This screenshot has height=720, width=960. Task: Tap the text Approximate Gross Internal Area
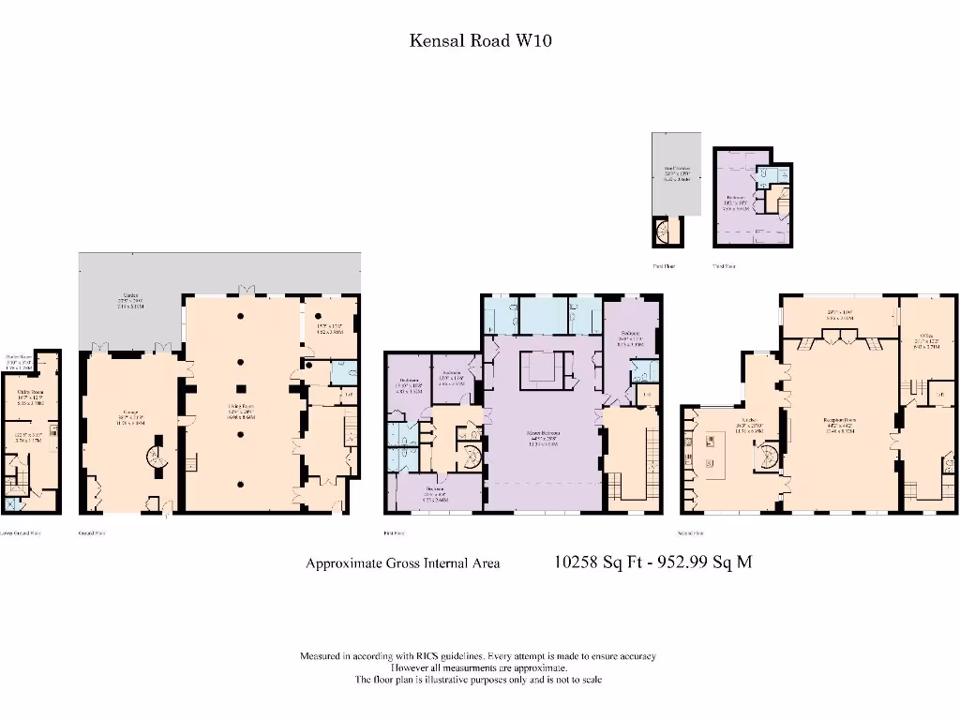[402, 563]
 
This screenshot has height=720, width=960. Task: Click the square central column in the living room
[241, 388]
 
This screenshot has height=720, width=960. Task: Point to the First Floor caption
[394, 532]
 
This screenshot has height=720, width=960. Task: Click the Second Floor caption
[692, 532]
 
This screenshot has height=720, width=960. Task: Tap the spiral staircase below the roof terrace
[667, 230]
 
